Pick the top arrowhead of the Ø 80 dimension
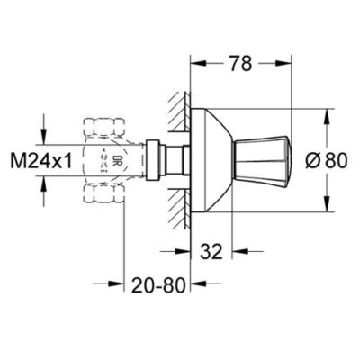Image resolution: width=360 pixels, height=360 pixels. tap(321, 112)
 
